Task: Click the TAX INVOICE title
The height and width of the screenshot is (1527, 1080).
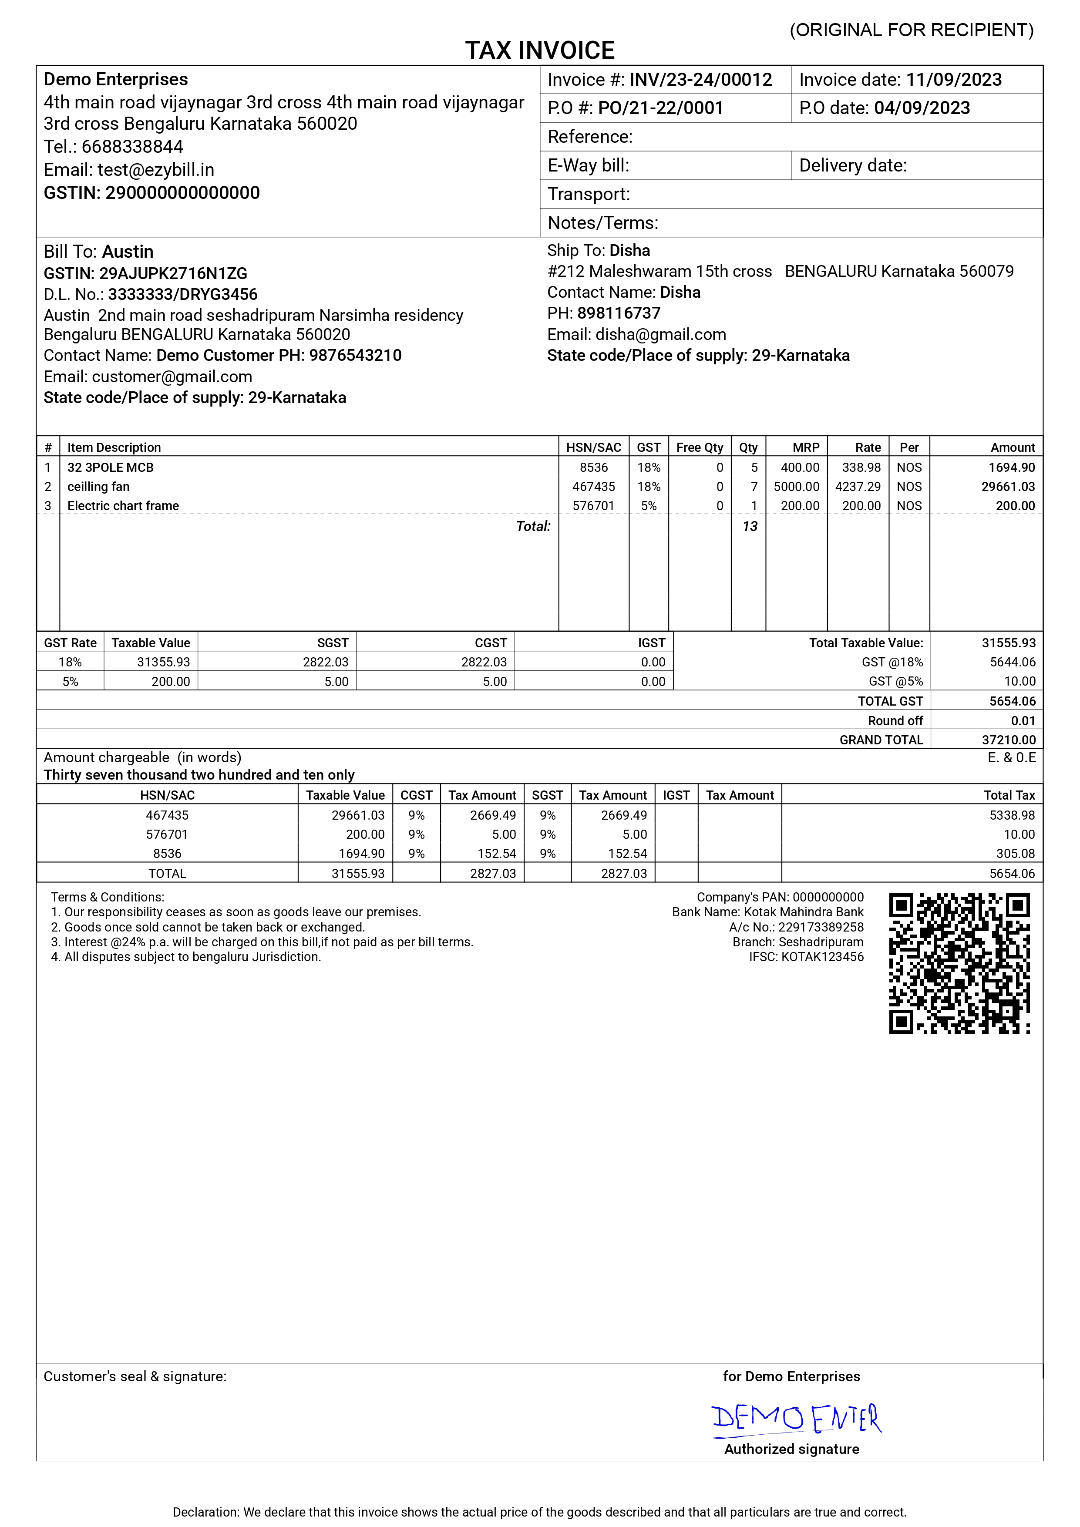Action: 539,50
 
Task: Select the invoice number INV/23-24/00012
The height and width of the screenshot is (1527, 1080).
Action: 700,80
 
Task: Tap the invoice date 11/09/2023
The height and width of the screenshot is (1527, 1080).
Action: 954,80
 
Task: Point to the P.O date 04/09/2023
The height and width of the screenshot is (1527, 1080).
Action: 922,108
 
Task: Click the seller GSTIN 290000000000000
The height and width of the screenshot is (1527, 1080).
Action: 182,193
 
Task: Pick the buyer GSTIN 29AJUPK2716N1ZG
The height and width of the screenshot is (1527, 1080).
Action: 173,273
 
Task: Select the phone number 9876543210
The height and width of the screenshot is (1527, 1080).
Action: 355,355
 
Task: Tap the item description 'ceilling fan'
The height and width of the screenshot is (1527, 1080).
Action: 98,487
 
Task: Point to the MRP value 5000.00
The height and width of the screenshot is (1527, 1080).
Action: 796,487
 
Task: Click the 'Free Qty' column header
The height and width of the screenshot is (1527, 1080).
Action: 700,447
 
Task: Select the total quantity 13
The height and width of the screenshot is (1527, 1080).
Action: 750,527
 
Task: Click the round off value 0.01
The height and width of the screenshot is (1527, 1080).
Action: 1023,721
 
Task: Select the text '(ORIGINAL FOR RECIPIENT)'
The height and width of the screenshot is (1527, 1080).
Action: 911,30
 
